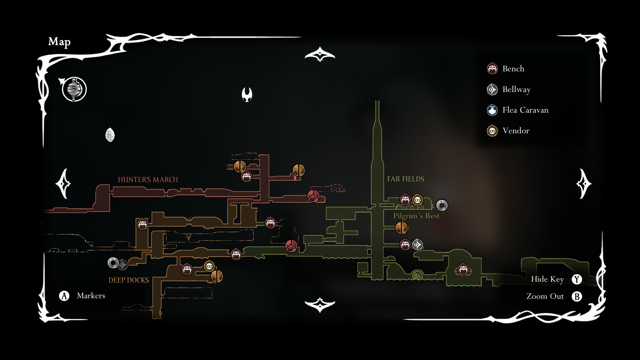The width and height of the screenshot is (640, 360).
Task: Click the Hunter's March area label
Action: click(x=148, y=180)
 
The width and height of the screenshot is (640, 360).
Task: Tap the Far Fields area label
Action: click(x=405, y=179)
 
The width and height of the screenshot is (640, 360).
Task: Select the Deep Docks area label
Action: click(x=129, y=280)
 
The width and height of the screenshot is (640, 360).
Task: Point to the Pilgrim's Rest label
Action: click(x=416, y=216)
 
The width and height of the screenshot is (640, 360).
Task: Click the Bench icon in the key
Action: click(x=492, y=69)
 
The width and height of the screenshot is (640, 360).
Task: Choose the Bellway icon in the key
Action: click(x=492, y=89)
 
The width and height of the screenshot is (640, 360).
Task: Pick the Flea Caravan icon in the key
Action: click(x=492, y=110)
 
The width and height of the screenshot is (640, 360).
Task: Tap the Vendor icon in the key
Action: click(x=492, y=131)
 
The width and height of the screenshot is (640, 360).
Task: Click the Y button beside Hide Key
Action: click(x=577, y=279)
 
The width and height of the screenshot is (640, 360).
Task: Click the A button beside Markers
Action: click(x=64, y=296)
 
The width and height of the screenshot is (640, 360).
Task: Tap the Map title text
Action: click(x=59, y=42)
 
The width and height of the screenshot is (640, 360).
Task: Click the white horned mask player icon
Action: click(x=247, y=94)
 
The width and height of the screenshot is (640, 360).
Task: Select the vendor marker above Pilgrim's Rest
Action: click(x=417, y=200)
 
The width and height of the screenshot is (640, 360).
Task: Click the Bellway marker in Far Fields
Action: click(x=418, y=245)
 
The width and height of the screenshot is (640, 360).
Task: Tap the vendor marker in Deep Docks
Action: click(x=209, y=266)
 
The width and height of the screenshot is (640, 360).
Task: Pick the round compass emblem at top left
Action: click(x=74, y=89)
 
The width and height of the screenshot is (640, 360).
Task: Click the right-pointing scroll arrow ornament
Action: click(x=584, y=184)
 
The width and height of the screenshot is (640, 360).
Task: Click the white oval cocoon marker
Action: click(x=110, y=135)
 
